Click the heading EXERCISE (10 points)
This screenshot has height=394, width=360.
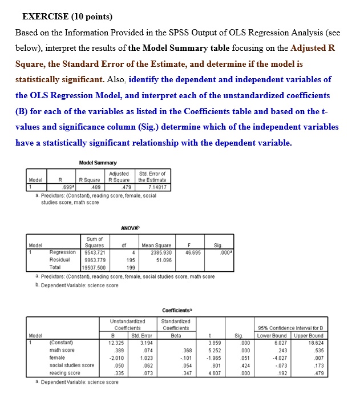pos(63,15)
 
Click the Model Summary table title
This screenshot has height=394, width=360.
pos(99,163)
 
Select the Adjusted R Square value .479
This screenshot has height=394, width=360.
pos(128,186)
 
